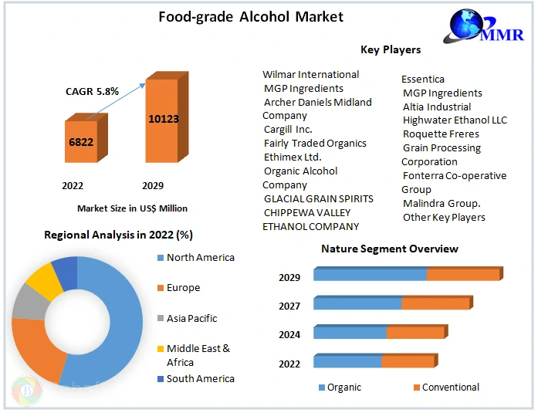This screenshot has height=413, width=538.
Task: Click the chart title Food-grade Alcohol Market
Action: (240, 16)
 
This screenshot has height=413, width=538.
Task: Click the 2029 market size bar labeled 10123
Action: (163, 120)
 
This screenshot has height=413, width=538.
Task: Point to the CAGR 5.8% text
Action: (92, 91)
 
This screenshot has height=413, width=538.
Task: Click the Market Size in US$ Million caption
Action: (132, 208)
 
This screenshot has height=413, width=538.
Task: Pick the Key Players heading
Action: (391, 49)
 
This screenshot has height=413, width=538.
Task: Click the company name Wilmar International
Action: (311, 75)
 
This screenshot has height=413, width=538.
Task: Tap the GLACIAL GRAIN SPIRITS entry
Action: (318, 198)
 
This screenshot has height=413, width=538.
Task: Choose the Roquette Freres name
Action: (441, 134)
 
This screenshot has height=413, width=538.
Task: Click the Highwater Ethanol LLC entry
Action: (455, 120)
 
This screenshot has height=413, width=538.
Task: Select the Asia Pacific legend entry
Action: (191, 318)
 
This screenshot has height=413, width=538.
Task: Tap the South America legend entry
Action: (200, 378)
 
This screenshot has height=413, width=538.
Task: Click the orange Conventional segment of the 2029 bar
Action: (463, 275)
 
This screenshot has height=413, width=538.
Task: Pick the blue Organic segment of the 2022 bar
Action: (347, 362)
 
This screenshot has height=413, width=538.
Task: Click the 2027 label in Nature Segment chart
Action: (289, 306)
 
